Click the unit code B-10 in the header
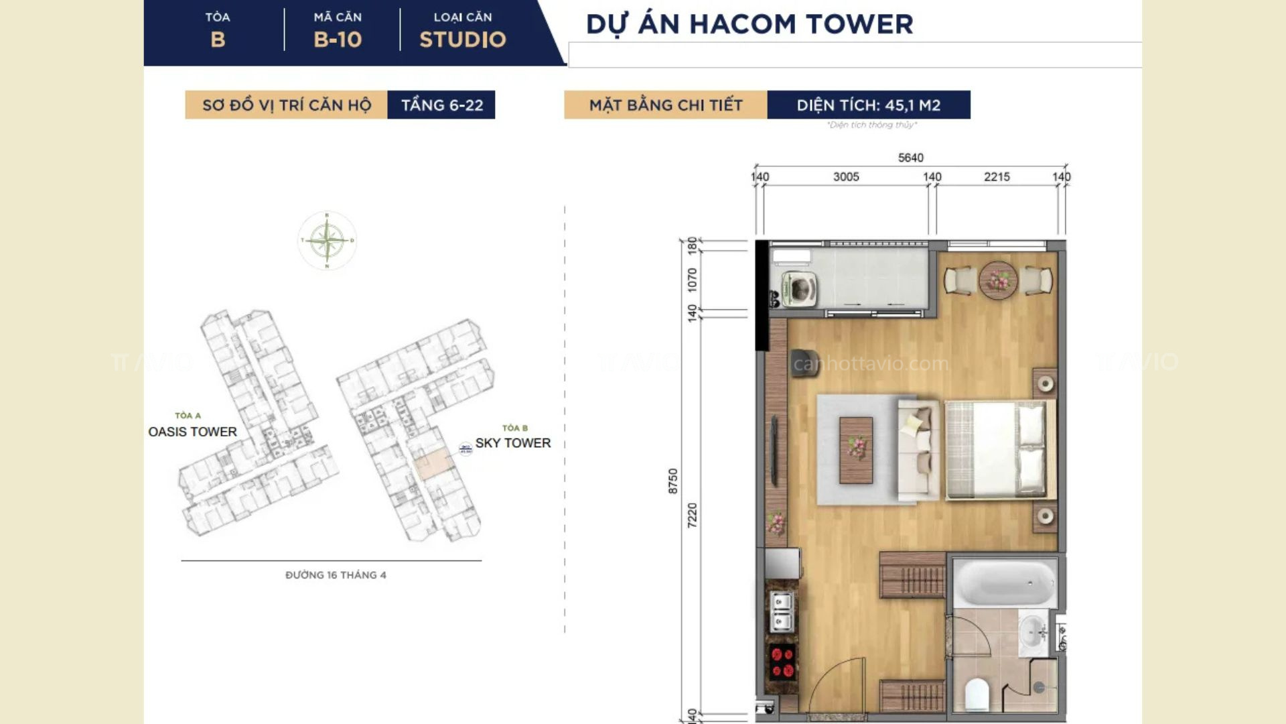pyautogui.click(x=338, y=40)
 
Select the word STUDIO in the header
pyautogui.click(x=462, y=40)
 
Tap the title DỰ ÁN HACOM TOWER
pyautogui.click(x=749, y=24)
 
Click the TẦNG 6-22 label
pyautogui.click(x=441, y=105)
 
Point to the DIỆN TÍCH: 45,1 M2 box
pyautogui.click(x=868, y=105)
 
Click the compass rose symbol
pyautogui.click(x=327, y=240)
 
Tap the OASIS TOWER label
pyautogui.click(x=192, y=432)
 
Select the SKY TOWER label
pyautogui.click(x=512, y=443)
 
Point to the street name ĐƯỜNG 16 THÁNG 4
pyautogui.click(x=336, y=575)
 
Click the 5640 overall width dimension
pyautogui.click(x=910, y=158)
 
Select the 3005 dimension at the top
pyautogui.click(x=846, y=177)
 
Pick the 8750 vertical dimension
pyautogui.click(x=673, y=481)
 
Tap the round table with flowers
pyautogui.click(x=998, y=279)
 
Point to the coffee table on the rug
pyautogui.click(x=856, y=450)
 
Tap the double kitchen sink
pyautogui.click(x=781, y=612)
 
